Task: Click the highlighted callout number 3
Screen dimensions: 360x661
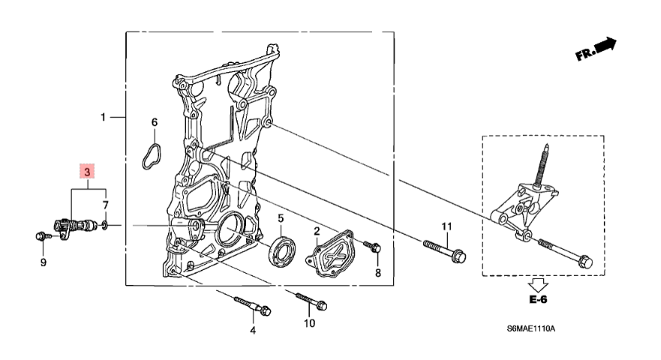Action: [x=87, y=172]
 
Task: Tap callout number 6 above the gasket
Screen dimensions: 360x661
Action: [x=155, y=122]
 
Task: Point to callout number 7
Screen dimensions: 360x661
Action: [x=106, y=205]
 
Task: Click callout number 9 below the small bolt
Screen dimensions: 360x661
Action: [x=43, y=262]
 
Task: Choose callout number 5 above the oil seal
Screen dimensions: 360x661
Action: [x=281, y=218]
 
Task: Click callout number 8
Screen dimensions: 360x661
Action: [x=378, y=271]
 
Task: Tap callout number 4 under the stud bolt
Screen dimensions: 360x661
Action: [x=253, y=330]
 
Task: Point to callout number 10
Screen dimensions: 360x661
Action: [x=308, y=323]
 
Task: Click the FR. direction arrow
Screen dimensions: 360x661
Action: [x=596, y=49]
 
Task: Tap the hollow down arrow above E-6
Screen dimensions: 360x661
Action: [x=538, y=284]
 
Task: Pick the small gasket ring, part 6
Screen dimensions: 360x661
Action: [x=153, y=152]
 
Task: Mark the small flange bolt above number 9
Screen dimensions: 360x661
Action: [x=41, y=238]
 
